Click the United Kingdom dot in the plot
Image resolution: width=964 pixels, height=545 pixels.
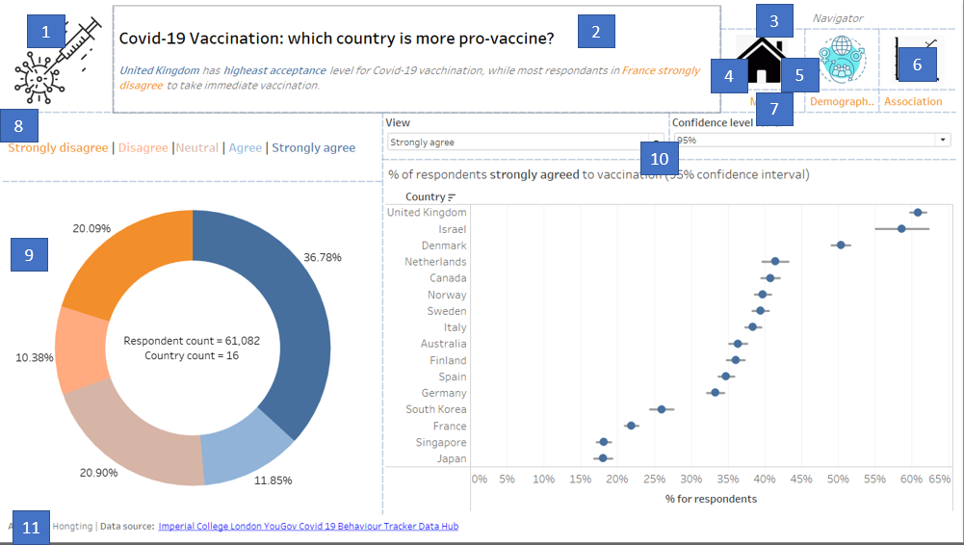click(x=918, y=212)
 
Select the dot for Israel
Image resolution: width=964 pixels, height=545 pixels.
click(x=901, y=228)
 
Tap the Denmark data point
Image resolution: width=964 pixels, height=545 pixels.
click(x=841, y=246)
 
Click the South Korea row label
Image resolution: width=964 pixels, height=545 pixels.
click(x=435, y=409)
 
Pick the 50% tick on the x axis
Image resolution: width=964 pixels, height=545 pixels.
click(x=838, y=479)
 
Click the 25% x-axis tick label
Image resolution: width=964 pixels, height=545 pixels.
click(x=617, y=479)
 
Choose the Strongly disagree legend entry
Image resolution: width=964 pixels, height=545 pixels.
click(x=58, y=148)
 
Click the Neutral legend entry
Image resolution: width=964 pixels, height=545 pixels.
click(x=196, y=148)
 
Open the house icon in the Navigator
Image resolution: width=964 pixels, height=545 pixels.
click(x=763, y=63)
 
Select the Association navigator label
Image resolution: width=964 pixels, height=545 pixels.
click(x=912, y=101)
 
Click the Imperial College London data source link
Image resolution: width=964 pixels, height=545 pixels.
click(x=308, y=527)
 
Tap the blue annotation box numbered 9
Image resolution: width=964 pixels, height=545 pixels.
click(x=29, y=255)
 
